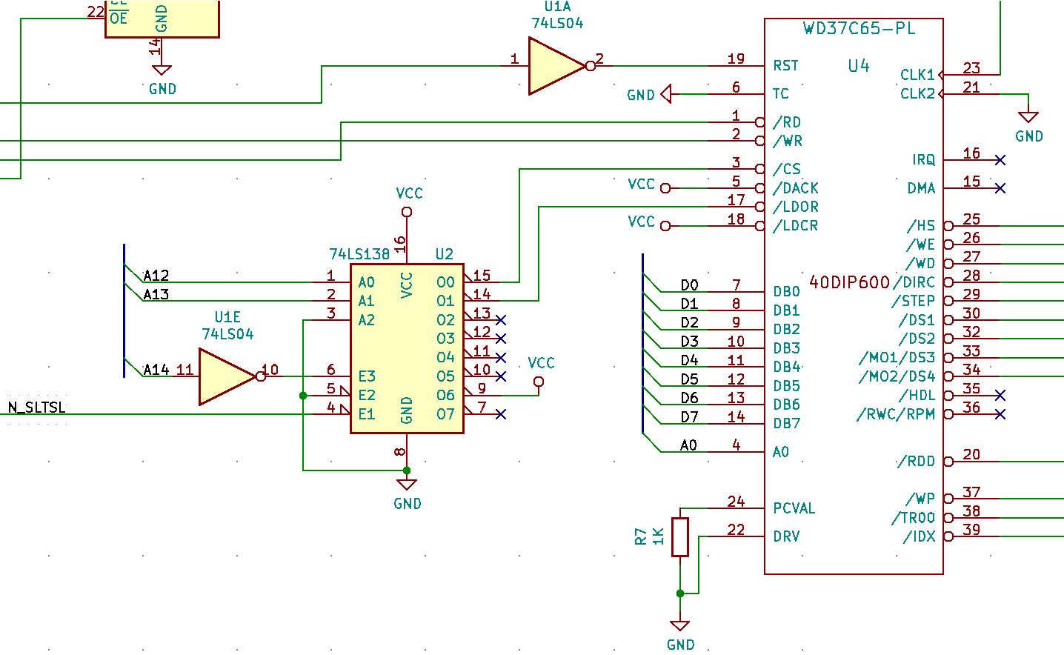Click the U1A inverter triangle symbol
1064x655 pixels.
pos(555,66)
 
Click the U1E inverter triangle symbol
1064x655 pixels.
pos(225,376)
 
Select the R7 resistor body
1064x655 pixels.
pos(680,536)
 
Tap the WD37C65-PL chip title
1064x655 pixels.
pos(859,29)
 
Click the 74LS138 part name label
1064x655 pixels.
pos(359,254)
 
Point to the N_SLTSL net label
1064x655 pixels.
pos(37,408)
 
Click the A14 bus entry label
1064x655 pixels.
pos(156,370)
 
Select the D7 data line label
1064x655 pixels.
pos(689,417)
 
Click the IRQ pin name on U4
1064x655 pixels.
pos(923,160)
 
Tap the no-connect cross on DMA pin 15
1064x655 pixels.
pos(1000,188)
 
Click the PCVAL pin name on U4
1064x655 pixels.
pos(794,508)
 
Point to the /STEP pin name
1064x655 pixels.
pos(913,301)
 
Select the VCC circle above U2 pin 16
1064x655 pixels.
pos(407,213)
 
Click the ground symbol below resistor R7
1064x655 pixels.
pos(679,626)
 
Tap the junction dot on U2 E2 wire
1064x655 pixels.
pos(303,396)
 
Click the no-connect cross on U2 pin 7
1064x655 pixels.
pos(501,414)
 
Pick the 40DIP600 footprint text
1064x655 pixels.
pos(849,282)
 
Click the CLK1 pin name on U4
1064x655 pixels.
pos(917,75)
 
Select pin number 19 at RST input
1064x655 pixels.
pos(736,59)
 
